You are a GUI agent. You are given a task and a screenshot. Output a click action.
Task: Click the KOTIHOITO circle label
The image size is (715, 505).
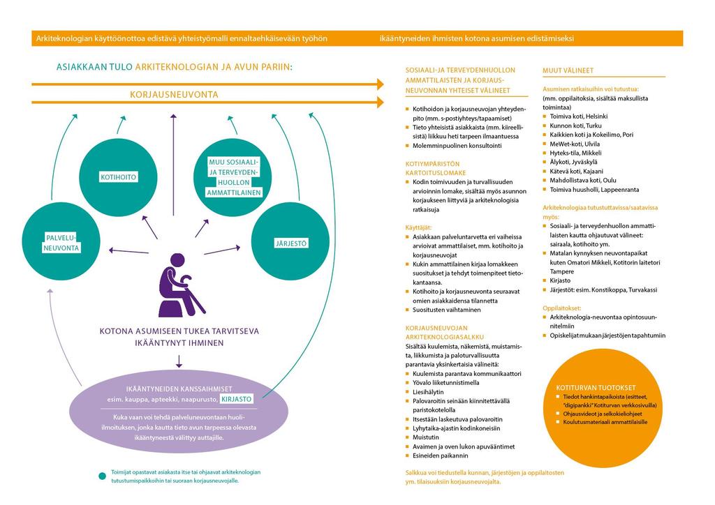coord(118,176)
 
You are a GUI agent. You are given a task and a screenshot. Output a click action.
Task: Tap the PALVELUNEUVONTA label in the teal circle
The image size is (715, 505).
coord(61,243)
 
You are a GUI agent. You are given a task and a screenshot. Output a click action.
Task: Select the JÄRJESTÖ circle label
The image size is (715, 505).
coord(291,243)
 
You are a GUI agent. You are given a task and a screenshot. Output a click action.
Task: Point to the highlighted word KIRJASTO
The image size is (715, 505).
coord(236,399)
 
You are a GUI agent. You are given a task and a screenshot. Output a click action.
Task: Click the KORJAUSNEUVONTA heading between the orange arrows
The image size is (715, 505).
coord(174,94)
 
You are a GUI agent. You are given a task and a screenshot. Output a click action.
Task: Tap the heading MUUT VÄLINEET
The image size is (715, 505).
coord(568,70)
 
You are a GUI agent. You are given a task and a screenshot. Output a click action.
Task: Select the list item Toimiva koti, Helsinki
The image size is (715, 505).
coord(578,116)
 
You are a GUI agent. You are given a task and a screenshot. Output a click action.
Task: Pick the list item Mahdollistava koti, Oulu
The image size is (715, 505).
coord(583,181)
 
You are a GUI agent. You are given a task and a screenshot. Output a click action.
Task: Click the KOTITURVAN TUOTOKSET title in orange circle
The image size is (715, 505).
coord(596,388)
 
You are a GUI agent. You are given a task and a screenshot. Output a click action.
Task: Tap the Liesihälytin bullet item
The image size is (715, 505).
coord(428,391)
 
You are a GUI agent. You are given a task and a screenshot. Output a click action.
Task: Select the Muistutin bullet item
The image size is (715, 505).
coord(425,437)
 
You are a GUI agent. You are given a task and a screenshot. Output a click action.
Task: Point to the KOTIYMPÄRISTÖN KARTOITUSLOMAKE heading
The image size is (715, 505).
coord(436,168)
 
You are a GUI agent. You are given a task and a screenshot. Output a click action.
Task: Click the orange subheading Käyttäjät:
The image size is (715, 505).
coord(418,227)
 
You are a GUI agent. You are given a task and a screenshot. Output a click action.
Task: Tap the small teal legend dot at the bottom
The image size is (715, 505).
coord(102,476)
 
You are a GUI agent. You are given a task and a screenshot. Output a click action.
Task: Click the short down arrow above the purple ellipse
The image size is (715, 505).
coord(179,361)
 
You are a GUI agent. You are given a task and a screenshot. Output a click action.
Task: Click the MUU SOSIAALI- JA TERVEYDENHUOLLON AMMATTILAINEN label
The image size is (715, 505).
coord(233,177)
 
